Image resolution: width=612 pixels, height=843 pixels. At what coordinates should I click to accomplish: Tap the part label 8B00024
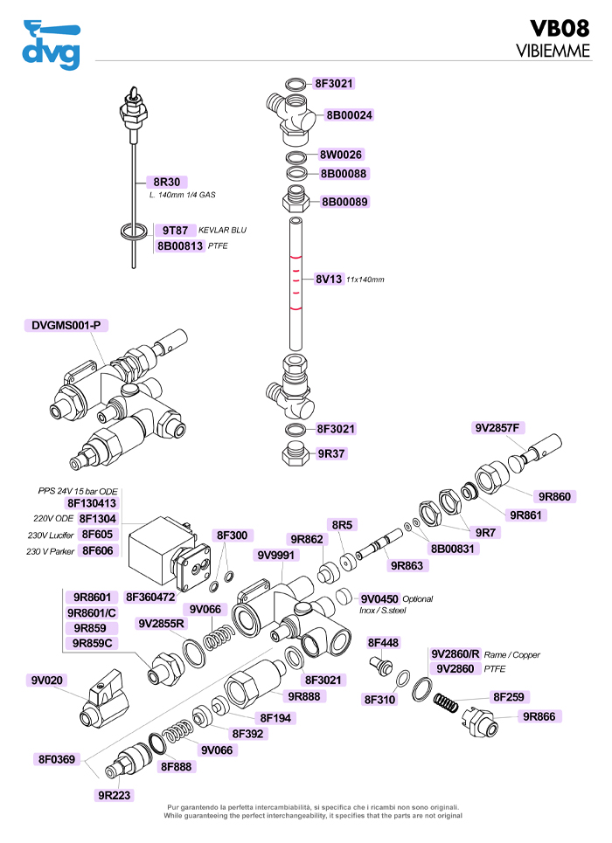(349, 115)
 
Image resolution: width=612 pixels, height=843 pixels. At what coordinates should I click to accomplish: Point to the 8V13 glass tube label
(329, 280)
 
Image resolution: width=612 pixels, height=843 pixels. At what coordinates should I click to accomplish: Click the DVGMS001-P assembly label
(66, 326)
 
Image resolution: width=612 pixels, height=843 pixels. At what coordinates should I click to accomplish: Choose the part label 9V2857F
(498, 428)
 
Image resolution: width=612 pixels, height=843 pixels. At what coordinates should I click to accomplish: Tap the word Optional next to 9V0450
(417, 599)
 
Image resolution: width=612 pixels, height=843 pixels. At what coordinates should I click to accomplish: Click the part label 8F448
(383, 643)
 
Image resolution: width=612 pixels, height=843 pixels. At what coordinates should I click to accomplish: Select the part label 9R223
(115, 796)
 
